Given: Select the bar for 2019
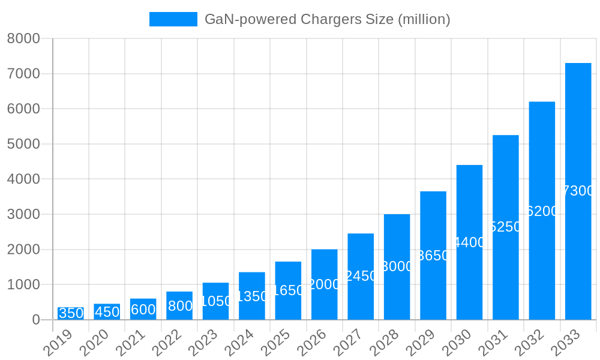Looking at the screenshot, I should (x=71, y=314).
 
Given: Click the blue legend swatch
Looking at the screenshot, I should (x=173, y=19).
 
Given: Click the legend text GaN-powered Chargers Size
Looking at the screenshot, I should (x=327, y=19).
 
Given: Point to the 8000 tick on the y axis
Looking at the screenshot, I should (x=23, y=38).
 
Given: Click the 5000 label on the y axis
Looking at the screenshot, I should (x=23, y=144).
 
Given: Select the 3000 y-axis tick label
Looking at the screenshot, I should (x=23, y=214).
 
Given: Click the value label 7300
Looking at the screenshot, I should (x=578, y=191).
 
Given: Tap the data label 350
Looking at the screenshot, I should (x=71, y=313).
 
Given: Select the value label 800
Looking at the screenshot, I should (x=180, y=306).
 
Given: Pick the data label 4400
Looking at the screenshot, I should (x=469, y=242).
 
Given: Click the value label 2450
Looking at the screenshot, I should (x=361, y=276).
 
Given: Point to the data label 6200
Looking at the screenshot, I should (x=542, y=211).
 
